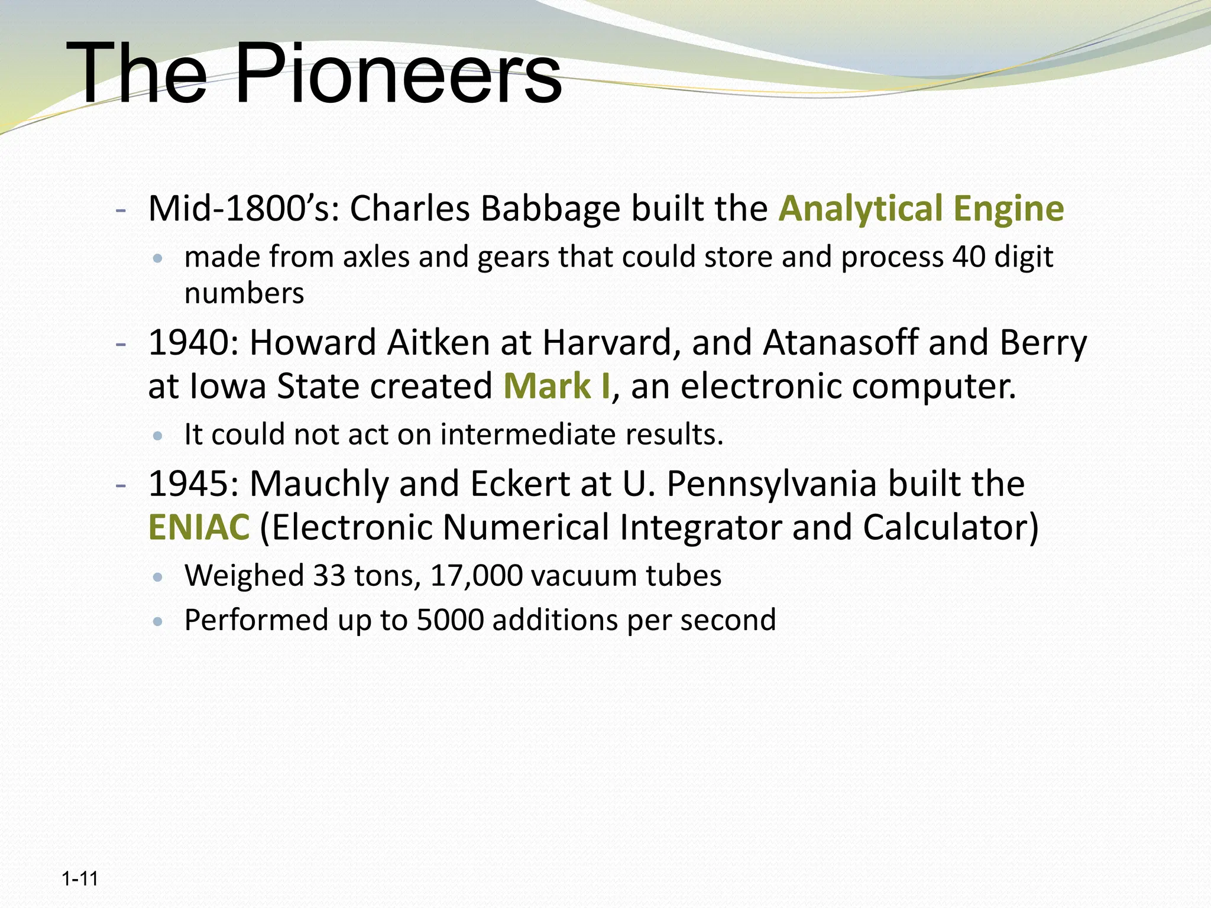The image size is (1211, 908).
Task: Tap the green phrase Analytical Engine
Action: click(921, 209)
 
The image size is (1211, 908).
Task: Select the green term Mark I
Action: click(556, 387)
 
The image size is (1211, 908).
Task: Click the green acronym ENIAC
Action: click(199, 527)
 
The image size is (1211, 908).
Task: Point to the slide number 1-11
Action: click(80, 879)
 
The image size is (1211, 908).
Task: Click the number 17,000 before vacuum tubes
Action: click(477, 576)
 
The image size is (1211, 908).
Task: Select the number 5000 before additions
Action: click(450, 620)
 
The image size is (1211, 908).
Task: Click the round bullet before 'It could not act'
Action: click(157, 436)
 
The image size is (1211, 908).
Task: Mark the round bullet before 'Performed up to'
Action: click(157, 622)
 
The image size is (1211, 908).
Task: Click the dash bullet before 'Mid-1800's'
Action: click(121, 210)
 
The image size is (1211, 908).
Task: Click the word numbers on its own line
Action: click(244, 294)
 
